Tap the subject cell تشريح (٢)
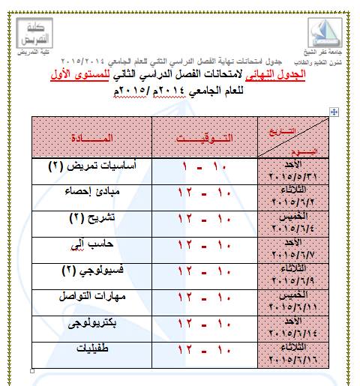coord(91,220)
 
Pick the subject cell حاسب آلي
coord(91,246)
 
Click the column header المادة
coord(91,138)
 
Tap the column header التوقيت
coord(204,138)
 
